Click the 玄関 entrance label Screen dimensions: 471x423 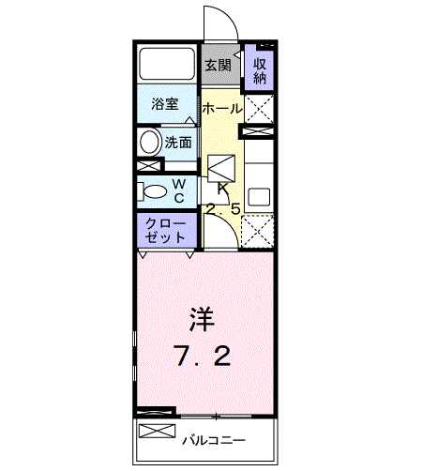tap(218, 66)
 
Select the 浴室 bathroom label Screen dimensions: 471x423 tap(165, 104)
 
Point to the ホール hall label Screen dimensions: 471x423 tap(221, 109)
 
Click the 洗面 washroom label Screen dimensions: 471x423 tap(178, 143)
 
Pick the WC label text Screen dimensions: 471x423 tap(178, 190)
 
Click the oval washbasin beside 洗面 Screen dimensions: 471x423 tap(149, 143)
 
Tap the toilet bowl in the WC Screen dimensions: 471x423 tap(149, 191)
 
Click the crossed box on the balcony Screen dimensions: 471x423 tap(158, 433)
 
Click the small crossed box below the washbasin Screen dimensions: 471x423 tap(149, 166)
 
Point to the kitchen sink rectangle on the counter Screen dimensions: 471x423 tap(259, 198)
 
